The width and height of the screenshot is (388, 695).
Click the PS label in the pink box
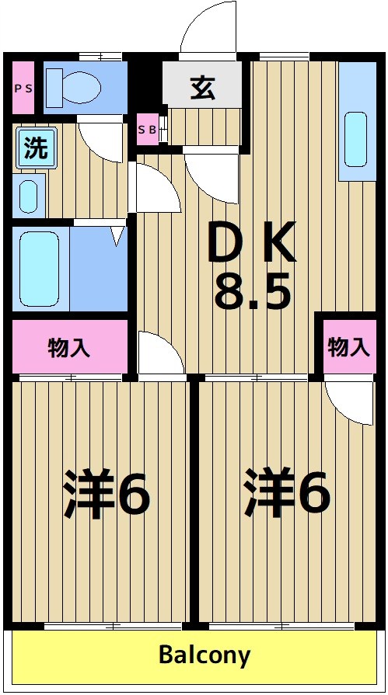click(x=23, y=88)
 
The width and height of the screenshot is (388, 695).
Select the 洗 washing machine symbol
click(x=34, y=148)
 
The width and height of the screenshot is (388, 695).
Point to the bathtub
click(x=40, y=268)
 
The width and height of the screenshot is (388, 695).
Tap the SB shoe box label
click(x=147, y=130)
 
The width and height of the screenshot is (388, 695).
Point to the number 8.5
click(x=252, y=293)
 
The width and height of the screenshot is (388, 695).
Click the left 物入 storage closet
click(x=69, y=347)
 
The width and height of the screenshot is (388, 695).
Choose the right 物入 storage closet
click(x=348, y=346)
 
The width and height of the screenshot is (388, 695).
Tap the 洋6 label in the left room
click(x=107, y=493)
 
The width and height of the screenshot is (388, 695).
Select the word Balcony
click(x=204, y=655)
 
